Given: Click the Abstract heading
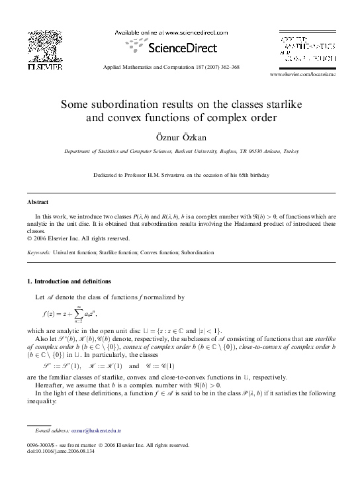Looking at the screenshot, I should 38,201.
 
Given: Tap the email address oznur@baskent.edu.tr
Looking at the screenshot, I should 94,430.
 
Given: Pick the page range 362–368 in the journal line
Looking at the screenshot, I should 228,68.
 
